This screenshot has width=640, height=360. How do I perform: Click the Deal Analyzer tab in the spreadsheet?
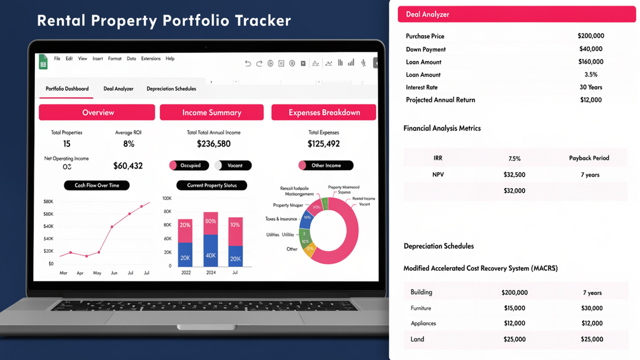coord(118,89)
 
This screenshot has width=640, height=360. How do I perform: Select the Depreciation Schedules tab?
coord(171,89)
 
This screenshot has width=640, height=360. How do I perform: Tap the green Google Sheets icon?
coord(43,62)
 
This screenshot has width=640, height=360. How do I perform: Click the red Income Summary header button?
coord(211,112)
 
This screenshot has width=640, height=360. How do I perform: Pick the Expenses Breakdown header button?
coord(324,112)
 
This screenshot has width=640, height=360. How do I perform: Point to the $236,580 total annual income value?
coord(213,144)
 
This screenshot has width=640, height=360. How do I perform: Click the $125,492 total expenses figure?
coord(324,144)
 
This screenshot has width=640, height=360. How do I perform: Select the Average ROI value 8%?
coord(129,144)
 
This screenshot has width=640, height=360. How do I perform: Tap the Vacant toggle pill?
coord(234,165)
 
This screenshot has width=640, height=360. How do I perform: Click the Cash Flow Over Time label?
coord(97,185)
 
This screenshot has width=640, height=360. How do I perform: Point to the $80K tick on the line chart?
coord(48,201)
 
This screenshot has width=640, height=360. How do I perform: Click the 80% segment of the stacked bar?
coord(210,222)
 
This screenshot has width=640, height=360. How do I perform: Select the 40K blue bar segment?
coord(210,255)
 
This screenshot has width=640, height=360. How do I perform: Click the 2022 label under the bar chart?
coord(185,273)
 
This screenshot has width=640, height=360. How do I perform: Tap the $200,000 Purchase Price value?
coord(590,36)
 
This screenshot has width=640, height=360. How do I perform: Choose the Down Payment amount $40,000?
coord(590,49)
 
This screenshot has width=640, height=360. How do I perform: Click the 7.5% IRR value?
coord(514,158)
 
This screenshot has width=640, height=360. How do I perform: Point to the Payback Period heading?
coord(588,158)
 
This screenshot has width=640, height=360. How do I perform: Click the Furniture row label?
coord(421,308)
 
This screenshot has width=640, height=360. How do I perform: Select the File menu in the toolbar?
coord(57,59)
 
